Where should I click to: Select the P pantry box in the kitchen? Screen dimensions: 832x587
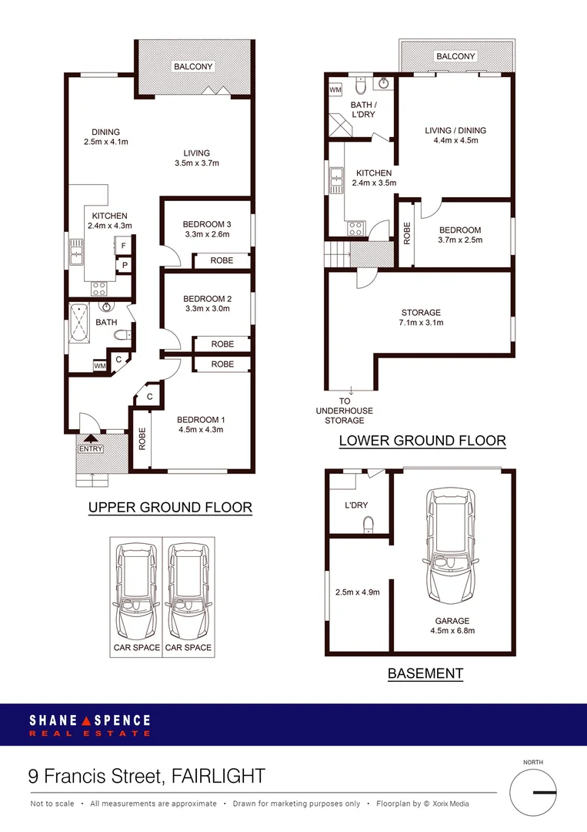(x=123, y=266)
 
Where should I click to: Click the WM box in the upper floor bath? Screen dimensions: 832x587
(x=100, y=365)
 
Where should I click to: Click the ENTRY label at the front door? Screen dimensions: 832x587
(x=91, y=449)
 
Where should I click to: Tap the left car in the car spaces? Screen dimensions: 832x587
(x=135, y=591)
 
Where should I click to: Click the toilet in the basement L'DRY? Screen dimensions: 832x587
(x=369, y=526)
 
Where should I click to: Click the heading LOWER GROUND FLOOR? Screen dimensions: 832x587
(x=422, y=441)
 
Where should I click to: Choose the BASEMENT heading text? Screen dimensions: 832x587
(x=425, y=673)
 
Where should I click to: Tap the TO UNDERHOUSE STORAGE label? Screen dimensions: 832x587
(x=344, y=411)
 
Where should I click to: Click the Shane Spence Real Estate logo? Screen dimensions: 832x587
(x=90, y=724)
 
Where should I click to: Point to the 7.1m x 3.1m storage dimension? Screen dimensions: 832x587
(x=421, y=323)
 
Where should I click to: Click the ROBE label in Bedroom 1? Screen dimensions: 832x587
(x=142, y=438)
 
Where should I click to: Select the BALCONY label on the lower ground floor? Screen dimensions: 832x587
(x=455, y=56)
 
